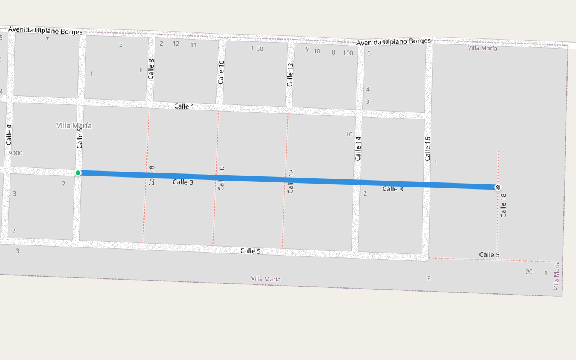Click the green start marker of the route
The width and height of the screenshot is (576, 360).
click(x=78, y=173)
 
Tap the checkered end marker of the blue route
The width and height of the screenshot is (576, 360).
click(x=497, y=188)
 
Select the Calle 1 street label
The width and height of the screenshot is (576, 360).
click(x=184, y=106)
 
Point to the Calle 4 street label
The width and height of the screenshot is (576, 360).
click(x=9, y=134)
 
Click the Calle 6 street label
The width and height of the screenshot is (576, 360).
click(x=79, y=138)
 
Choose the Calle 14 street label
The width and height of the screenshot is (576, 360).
click(x=358, y=148)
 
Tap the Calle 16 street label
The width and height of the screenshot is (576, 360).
click(x=428, y=149)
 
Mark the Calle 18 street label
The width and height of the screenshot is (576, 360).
click(x=503, y=205)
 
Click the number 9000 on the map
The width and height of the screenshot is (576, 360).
click(x=16, y=153)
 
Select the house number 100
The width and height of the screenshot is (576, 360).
click(x=348, y=53)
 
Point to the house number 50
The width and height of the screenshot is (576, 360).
click(x=260, y=49)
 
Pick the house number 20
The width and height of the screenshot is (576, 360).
click(x=529, y=272)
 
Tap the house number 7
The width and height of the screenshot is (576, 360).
click(x=47, y=40)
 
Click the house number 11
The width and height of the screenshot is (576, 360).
click(x=194, y=45)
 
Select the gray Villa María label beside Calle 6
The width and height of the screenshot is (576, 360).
click(x=74, y=125)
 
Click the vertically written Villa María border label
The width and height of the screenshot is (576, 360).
click(x=556, y=276)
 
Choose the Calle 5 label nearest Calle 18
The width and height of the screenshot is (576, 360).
click(x=489, y=255)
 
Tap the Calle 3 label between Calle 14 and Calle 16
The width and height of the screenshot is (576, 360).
click(x=393, y=189)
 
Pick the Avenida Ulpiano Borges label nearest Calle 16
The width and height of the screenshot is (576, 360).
click(x=394, y=41)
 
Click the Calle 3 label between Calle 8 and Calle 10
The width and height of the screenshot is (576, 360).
click(x=183, y=182)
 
